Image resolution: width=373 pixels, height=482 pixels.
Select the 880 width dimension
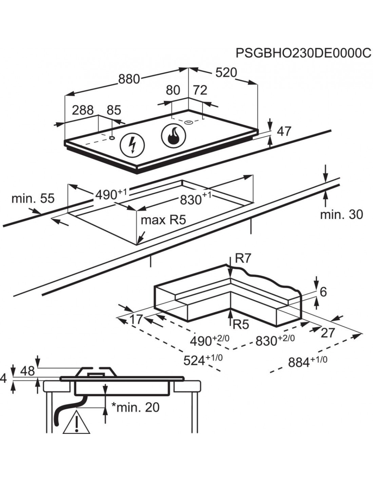click(x=129, y=79)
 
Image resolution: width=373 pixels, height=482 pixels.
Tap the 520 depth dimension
click(x=225, y=73)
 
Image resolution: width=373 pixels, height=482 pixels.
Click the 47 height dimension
click(x=284, y=131)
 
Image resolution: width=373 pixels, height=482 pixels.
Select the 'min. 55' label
click(x=33, y=199)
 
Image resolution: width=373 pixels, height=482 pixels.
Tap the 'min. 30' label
click(x=341, y=214)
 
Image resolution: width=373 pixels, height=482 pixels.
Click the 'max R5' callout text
click(x=163, y=220)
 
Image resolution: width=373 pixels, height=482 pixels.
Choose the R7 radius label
click(x=242, y=259)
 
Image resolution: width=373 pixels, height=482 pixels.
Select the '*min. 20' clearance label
click(x=135, y=407)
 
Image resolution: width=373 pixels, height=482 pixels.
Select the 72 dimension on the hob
click(x=200, y=90)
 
